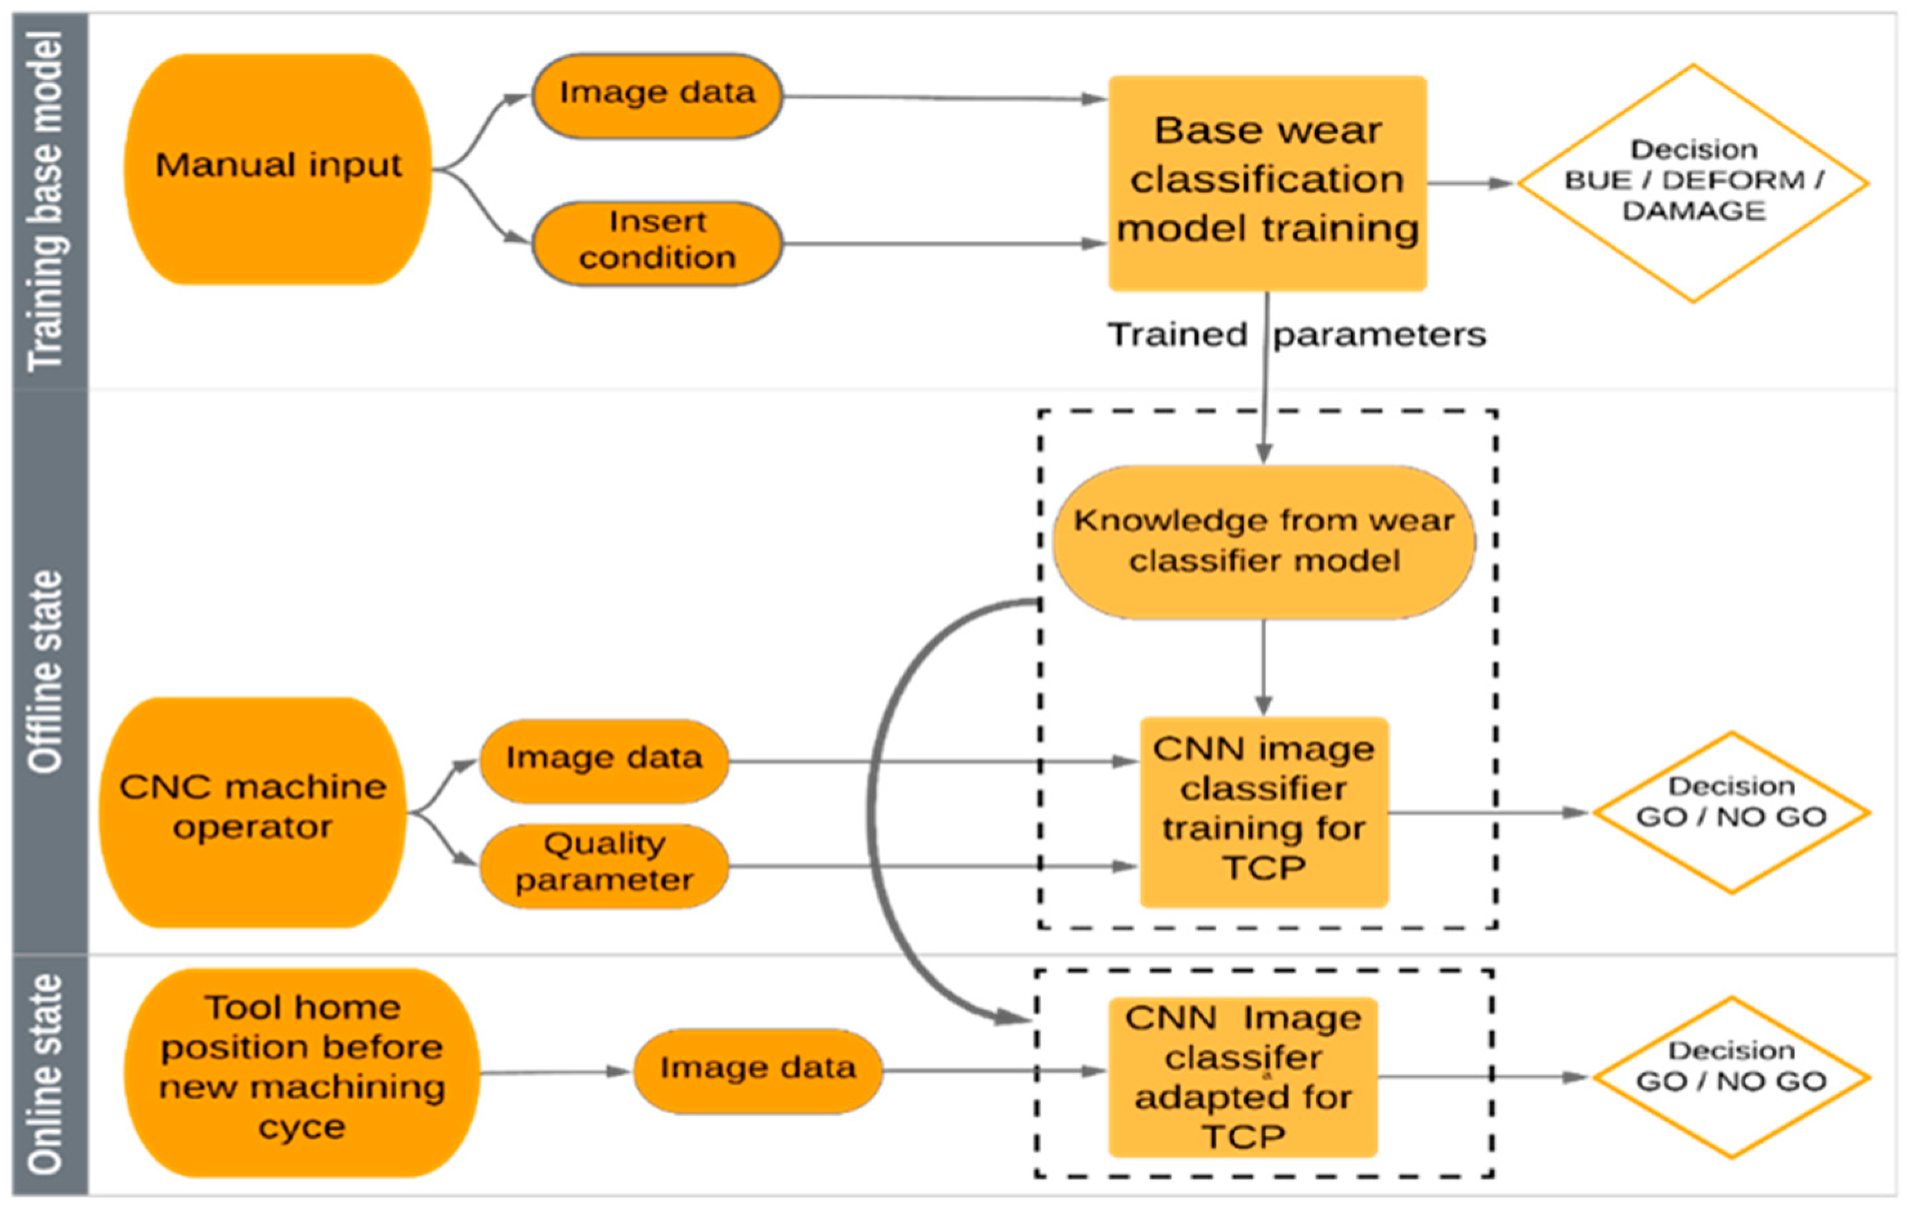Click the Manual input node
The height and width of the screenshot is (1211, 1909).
[x=277, y=168]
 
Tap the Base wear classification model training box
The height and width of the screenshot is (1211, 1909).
[x=1267, y=182]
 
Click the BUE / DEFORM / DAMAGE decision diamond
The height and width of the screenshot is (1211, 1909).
[x=1693, y=182]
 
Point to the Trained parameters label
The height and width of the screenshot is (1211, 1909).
[x=1296, y=335]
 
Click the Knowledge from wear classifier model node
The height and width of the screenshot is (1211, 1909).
[x=1263, y=541]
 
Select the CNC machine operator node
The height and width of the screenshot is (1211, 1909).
[x=252, y=811]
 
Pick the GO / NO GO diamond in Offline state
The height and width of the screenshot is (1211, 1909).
[x=1731, y=812]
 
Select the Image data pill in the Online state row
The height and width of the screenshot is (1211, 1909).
[x=757, y=1071]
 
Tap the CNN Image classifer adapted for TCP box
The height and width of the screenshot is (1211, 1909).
[x=1242, y=1076]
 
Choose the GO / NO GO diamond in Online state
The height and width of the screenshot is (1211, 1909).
[x=1731, y=1076]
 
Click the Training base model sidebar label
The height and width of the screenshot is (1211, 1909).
[x=48, y=202]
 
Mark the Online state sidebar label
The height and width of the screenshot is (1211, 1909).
[x=48, y=1074]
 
